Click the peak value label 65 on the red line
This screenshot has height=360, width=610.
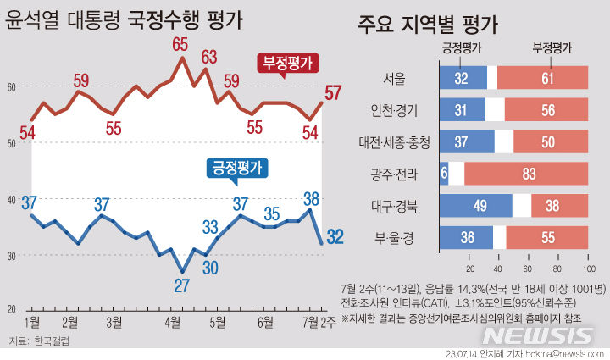click(180, 43)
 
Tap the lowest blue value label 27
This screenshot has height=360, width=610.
click(180, 285)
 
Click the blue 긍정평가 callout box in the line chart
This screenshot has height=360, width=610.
click(237, 167)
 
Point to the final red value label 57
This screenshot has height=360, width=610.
click(333, 93)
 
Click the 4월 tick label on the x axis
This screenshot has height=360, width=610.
click(173, 321)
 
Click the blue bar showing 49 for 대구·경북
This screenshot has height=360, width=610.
click(475, 205)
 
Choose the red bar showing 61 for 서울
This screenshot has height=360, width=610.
click(542, 79)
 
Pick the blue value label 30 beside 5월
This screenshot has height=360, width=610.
click(209, 268)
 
